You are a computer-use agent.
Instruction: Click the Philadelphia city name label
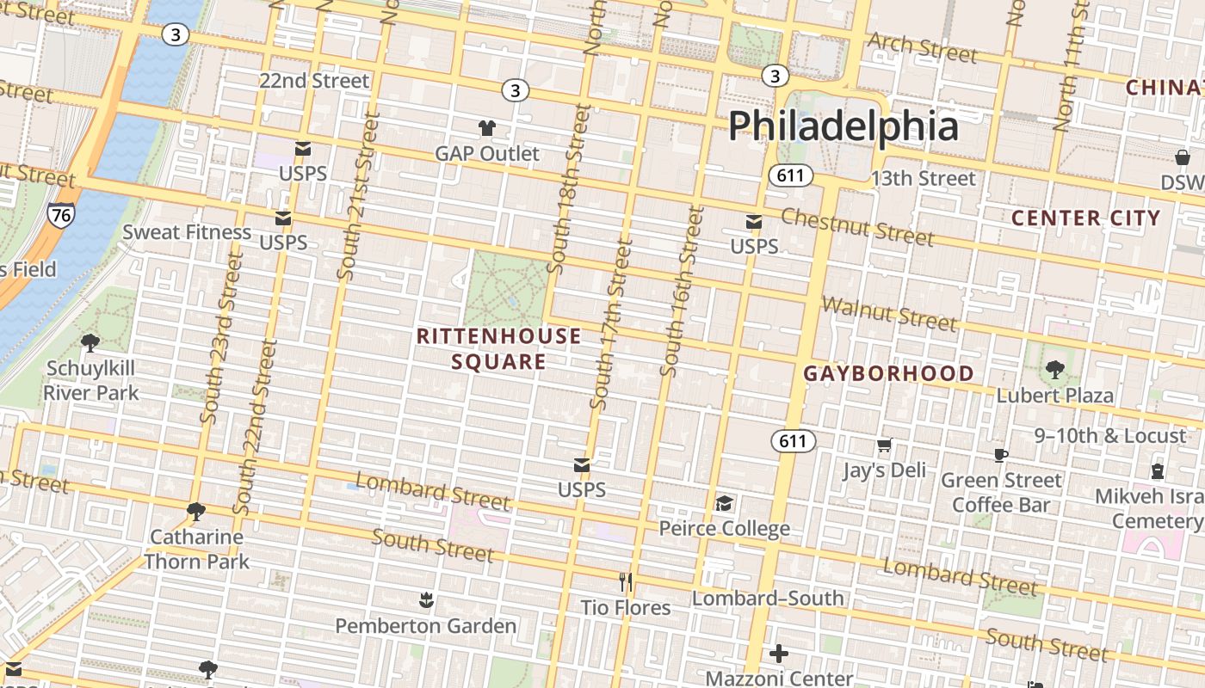pyautogui.click(x=843, y=126)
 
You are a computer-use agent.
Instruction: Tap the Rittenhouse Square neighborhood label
pyautogui.click(x=498, y=348)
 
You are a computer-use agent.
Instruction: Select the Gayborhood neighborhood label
pyautogui.click(x=888, y=374)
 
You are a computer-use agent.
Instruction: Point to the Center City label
pyautogui.click(x=1085, y=218)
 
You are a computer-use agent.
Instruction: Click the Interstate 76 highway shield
pyautogui.click(x=60, y=215)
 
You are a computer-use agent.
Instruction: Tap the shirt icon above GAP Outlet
pyautogui.click(x=487, y=128)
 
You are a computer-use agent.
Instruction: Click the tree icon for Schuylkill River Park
pyautogui.click(x=90, y=343)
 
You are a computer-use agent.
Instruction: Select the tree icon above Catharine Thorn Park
pyautogui.click(x=196, y=512)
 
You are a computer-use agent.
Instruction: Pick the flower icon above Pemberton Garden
pyautogui.click(x=425, y=599)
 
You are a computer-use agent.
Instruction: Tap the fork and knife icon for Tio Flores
pyautogui.click(x=626, y=582)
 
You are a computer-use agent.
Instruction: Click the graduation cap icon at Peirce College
pyautogui.click(x=724, y=502)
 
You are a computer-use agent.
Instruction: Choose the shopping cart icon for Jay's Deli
pyautogui.click(x=884, y=445)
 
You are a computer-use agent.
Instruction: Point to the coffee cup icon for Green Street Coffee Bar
pyautogui.click(x=1000, y=454)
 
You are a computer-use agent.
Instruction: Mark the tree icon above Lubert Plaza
pyautogui.click(x=1054, y=370)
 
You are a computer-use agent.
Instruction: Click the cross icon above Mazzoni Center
pyautogui.click(x=779, y=654)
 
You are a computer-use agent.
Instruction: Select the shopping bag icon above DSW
pyautogui.click(x=1183, y=157)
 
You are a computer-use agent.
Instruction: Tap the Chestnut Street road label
pyautogui.click(x=857, y=227)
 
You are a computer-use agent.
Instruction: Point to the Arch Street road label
pyautogui.click(x=922, y=48)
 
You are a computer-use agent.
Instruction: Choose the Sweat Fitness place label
pyautogui.click(x=187, y=232)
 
